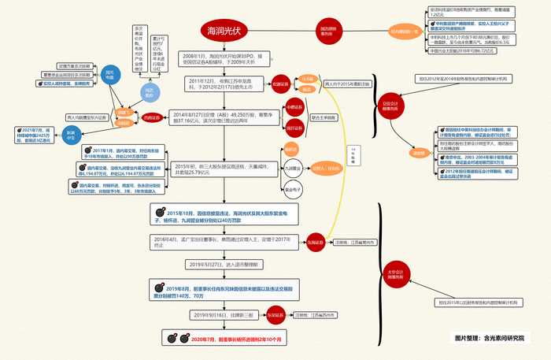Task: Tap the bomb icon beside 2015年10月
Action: [159, 212]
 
